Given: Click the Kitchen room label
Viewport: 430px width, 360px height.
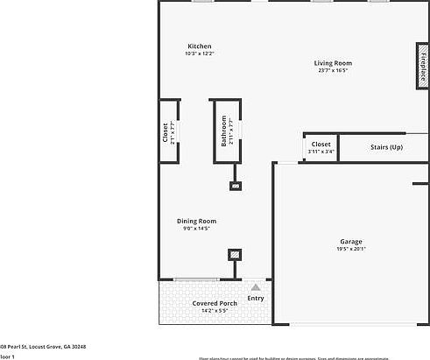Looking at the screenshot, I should [200, 46].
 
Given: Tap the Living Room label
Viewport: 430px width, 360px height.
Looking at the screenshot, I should [333, 63].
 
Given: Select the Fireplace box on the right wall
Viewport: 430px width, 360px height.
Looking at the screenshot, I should [421, 67].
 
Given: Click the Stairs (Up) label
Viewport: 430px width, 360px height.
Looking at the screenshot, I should [386, 147].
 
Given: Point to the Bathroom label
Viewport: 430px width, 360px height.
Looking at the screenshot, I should [224, 131].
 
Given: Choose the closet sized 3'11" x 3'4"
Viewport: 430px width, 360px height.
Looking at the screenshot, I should [321, 147].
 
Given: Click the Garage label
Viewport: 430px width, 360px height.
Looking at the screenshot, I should [351, 241].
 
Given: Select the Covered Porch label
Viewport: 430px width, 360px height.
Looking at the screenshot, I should [211, 303].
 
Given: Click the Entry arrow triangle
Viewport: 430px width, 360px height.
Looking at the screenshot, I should [256, 286].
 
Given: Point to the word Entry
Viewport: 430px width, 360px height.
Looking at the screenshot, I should [256, 299].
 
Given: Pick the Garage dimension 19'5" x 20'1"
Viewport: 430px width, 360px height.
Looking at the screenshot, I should [351, 250].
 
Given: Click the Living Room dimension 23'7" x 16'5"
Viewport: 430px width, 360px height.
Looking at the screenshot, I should [333, 71].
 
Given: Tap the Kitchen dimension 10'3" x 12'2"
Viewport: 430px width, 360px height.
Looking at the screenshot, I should [200, 54].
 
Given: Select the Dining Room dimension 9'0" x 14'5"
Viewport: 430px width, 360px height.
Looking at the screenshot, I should [196, 229].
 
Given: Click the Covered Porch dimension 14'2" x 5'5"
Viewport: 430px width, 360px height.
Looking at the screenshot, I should [209, 311].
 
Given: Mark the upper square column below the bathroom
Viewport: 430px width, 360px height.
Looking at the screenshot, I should [235, 186].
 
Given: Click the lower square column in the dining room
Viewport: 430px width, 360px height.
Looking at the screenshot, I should [234, 255].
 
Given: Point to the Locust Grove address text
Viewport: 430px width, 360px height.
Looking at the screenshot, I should [44, 347].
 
